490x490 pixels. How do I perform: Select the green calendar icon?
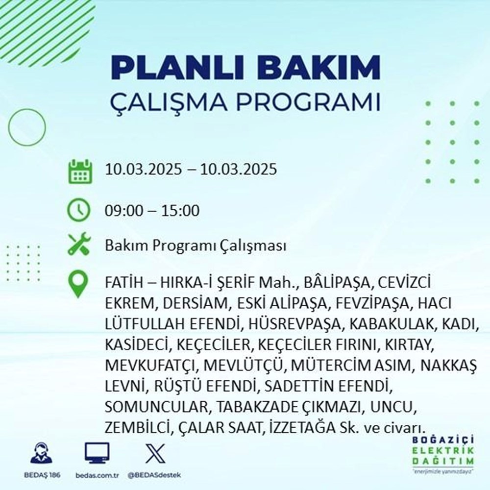(x=79, y=170)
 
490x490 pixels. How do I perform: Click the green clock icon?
(x=79, y=211)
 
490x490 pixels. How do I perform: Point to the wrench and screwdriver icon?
(x=79, y=245)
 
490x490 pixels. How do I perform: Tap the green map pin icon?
(x=79, y=285)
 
